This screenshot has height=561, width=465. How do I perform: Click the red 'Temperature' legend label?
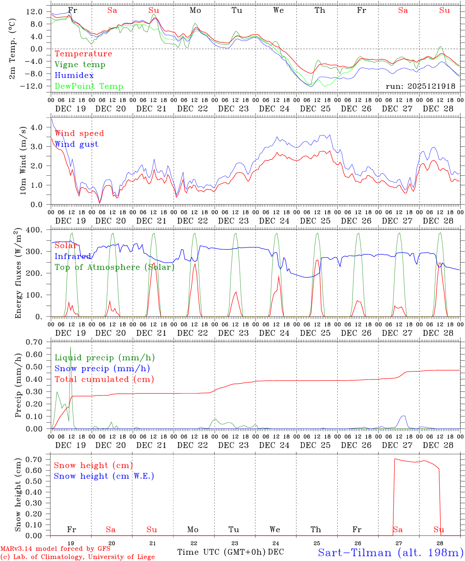pyautogui.click(x=83, y=54)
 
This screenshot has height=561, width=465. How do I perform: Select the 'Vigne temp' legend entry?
pyautogui.click(x=80, y=65)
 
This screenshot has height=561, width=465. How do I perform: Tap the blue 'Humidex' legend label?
pyautogui.click(x=74, y=76)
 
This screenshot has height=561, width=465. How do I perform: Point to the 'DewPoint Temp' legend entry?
pyautogui.click(x=89, y=86)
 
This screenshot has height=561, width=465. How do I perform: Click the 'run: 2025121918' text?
pyautogui.click(x=420, y=86)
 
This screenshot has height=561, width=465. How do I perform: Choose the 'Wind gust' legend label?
pyautogui.click(x=76, y=144)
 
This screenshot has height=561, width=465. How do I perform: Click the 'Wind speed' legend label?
pyautogui.click(x=79, y=133)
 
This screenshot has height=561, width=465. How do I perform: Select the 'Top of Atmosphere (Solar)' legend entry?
pyautogui.click(x=114, y=267)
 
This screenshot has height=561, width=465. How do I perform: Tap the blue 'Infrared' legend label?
pyautogui.click(x=73, y=256)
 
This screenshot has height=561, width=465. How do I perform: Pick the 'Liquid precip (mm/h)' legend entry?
pyautogui.click(x=104, y=358)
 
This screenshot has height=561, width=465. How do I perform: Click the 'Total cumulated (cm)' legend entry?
pyautogui.click(x=104, y=379)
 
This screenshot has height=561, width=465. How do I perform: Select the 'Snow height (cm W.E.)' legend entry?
pyautogui.click(x=104, y=476)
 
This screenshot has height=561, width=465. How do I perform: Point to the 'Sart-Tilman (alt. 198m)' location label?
pyautogui.click(x=391, y=552)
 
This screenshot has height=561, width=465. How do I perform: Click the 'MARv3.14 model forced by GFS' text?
pyautogui.click(x=55, y=549)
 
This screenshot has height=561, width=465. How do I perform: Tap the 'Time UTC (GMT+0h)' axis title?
pyautogui.click(x=222, y=552)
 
